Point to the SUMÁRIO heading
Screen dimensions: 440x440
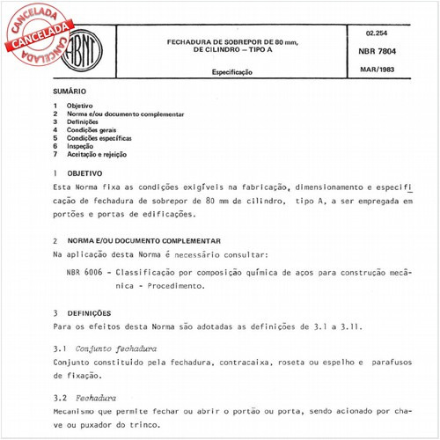point(70,92)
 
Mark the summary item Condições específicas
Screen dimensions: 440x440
point(100,138)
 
